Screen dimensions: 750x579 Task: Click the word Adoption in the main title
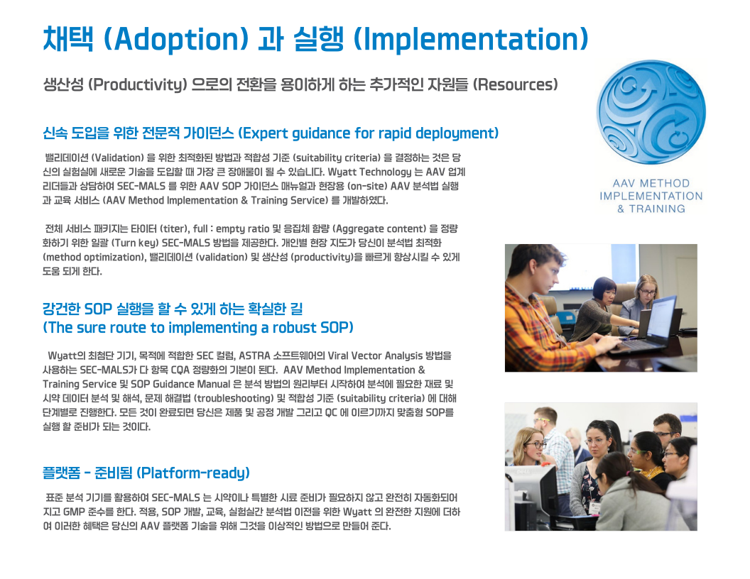pos(176,39)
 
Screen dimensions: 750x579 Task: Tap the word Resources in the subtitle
pos(515,84)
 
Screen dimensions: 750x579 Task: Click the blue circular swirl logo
pos(651,114)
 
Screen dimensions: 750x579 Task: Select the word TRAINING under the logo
pos(657,209)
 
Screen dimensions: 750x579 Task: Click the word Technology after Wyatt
pos(385,172)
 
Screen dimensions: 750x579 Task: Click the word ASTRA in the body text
pos(254,356)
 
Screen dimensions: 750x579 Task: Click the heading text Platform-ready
pos(193,473)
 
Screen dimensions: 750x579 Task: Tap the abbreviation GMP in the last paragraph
pos(74,512)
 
